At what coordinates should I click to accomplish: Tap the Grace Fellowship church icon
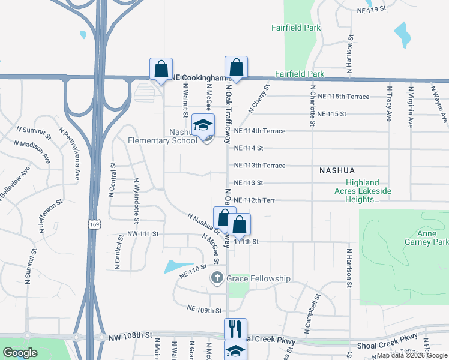(217, 278)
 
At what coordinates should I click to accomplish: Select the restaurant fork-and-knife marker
(235, 328)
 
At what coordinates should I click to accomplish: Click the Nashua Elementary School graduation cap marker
(203, 125)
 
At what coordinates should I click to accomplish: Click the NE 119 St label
(370, 10)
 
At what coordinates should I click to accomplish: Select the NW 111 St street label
(143, 233)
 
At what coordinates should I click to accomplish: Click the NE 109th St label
(205, 310)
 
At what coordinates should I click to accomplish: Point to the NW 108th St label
(131, 338)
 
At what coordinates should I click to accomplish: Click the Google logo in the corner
(19, 353)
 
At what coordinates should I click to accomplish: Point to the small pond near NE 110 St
(175, 265)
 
